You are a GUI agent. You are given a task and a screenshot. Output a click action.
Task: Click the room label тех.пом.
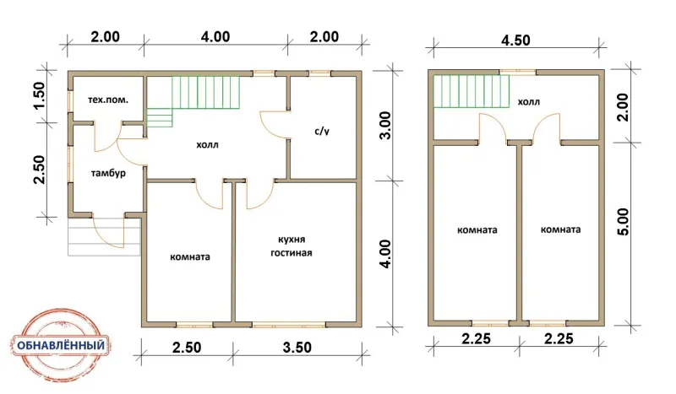(x=108, y=100)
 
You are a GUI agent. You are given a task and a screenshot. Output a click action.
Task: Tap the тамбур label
(x=108, y=174)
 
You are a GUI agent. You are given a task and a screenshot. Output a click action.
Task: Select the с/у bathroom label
(x=322, y=132)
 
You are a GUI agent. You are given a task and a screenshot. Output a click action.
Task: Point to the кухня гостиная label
(x=292, y=246)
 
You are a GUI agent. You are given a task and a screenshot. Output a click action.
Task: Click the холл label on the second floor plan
(x=529, y=102)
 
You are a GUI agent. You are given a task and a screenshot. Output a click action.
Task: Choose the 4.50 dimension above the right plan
(x=515, y=40)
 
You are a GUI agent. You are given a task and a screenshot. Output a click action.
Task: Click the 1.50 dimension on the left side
(x=38, y=95)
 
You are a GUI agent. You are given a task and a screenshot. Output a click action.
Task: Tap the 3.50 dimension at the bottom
(x=297, y=347)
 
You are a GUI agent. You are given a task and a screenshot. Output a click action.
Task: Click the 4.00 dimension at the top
(x=215, y=36)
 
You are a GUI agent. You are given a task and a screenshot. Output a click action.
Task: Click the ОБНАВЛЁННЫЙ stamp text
(x=61, y=345)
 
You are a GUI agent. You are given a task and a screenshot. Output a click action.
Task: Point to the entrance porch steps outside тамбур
(x=104, y=237)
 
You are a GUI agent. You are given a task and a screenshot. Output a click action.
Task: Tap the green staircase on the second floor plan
(x=472, y=91)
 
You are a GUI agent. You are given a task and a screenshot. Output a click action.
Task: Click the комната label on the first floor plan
(x=190, y=257)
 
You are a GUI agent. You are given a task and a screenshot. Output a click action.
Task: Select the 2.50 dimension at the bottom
(x=187, y=347)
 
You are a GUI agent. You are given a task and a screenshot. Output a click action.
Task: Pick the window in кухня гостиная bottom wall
(x=289, y=324)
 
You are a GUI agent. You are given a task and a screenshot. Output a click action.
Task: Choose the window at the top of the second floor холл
(x=517, y=73)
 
